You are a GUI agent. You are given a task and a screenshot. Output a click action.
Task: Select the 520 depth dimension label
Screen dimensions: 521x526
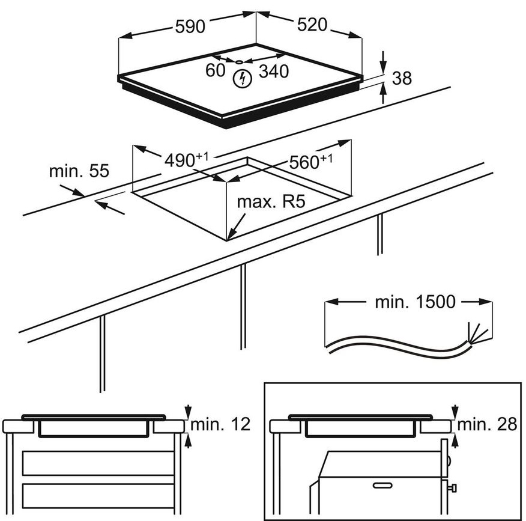click(x=311, y=25)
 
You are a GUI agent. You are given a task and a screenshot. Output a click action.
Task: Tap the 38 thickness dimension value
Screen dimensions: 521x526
click(x=402, y=78)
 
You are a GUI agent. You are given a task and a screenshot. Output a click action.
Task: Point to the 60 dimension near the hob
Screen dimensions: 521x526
click(x=215, y=71)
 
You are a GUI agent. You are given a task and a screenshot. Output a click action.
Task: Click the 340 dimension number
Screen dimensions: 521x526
click(x=274, y=72)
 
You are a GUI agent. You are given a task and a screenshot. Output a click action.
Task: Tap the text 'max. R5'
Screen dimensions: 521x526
click(x=271, y=201)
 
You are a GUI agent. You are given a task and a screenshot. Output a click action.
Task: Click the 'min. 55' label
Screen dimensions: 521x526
click(x=79, y=171)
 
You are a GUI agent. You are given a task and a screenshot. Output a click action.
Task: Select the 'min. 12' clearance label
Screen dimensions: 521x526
click(x=220, y=424)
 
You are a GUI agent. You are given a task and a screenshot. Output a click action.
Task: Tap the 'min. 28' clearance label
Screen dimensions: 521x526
click(x=487, y=424)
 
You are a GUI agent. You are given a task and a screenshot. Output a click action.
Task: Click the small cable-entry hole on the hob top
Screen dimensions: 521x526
click(x=238, y=61)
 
